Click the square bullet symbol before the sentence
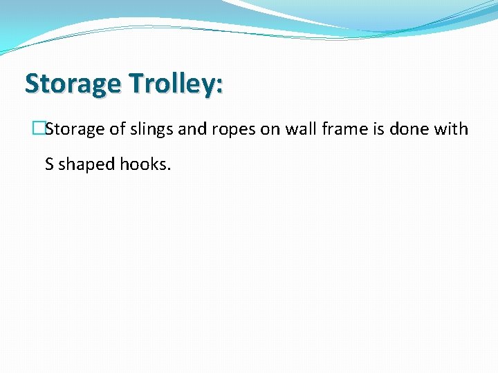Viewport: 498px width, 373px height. [38, 129]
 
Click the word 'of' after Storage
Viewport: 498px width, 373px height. [118, 129]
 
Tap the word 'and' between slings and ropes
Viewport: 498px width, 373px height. [193, 129]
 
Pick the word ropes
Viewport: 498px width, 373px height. [233, 130]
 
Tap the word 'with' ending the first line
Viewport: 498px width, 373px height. [450, 129]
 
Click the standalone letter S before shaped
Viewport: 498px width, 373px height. [49, 165]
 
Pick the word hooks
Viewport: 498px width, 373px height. [143, 165]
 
